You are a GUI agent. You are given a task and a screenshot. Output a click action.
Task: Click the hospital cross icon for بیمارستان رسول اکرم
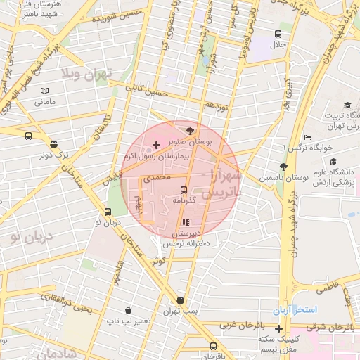click(155, 144)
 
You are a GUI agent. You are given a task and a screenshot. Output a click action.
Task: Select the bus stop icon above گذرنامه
click(184, 189)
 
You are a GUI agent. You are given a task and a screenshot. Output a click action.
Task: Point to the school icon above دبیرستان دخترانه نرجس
click(186, 222)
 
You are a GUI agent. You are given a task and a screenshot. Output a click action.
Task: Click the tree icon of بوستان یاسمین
click(283, 167)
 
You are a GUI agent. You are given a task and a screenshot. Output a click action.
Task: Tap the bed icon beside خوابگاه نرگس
click(307, 137)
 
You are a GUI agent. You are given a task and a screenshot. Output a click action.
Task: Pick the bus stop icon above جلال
click(278, 33)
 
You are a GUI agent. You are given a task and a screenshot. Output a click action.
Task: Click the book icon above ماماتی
click(44, 91)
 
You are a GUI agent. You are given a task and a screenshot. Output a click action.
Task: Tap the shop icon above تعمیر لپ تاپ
click(128, 310)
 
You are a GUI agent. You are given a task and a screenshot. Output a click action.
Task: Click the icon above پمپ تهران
click(181, 300)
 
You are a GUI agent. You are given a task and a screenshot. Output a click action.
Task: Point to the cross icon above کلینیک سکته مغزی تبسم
click(279, 328)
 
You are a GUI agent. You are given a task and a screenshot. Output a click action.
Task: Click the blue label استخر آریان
click(295, 309)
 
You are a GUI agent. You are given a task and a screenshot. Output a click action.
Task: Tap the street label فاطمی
click(328, 287)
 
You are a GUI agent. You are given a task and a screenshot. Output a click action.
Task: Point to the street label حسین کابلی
click(147, 89)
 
